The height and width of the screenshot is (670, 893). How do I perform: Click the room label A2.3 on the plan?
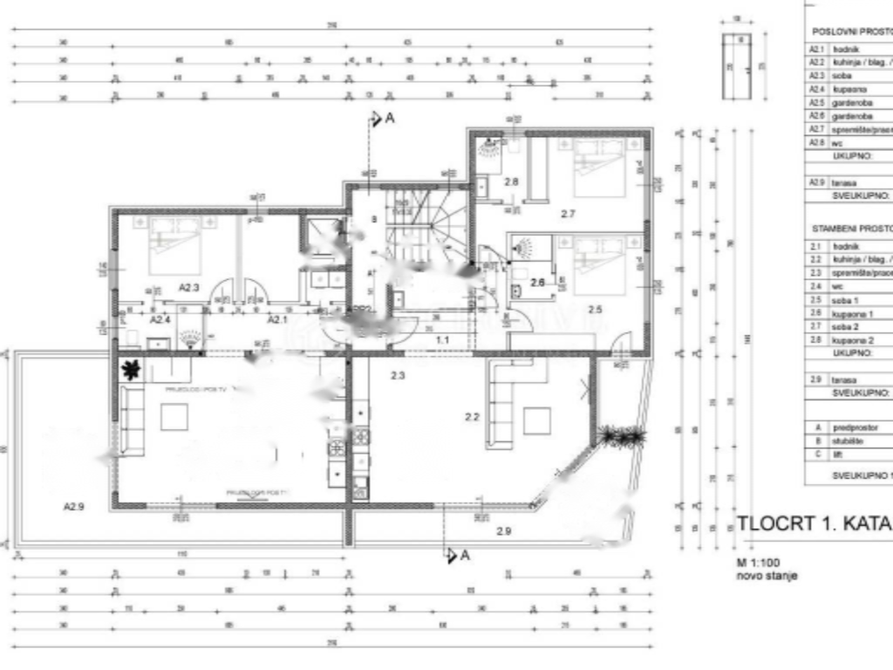(x=189, y=286)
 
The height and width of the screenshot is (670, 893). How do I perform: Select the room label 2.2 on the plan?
(x=472, y=417)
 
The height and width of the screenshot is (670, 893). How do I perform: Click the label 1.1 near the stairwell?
(x=442, y=339)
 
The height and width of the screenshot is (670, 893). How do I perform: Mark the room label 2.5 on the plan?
(x=595, y=309)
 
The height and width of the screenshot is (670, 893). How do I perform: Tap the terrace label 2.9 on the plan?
(x=504, y=530)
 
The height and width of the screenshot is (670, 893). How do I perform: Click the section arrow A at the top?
(x=381, y=119)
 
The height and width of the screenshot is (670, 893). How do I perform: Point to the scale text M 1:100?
(x=762, y=563)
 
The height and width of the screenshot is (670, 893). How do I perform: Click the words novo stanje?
(x=767, y=576)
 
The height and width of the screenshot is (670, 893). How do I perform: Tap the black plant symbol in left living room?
(x=131, y=369)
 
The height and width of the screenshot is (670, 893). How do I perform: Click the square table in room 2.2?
(x=536, y=420)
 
